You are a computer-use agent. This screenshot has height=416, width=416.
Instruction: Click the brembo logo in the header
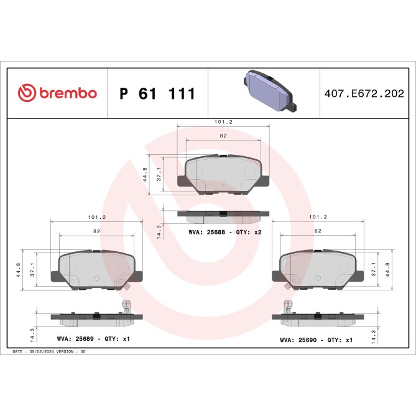pyautogui.click(x=57, y=93)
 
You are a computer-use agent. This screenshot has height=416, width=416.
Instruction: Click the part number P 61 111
pyautogui.click(x=157, y=94)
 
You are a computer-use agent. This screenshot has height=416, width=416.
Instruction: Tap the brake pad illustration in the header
pyautogui.click(x=266, y=90)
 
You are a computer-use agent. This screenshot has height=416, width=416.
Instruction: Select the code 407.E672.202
pyautogui.click(x=368, y=94)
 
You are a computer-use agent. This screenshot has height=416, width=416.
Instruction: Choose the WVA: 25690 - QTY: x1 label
pyautogui.click(x=317, y=340)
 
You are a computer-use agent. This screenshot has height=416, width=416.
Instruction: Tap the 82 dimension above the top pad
pyautogui.click(x=223, y=135)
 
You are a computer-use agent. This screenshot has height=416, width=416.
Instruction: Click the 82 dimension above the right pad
pyautogui.click(x=318, y=230)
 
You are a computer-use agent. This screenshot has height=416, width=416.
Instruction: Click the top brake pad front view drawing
pyautogui.click(x=224, y=173)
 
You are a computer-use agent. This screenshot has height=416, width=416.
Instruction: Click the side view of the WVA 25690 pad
pyautogui.click(x=317, y=317)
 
